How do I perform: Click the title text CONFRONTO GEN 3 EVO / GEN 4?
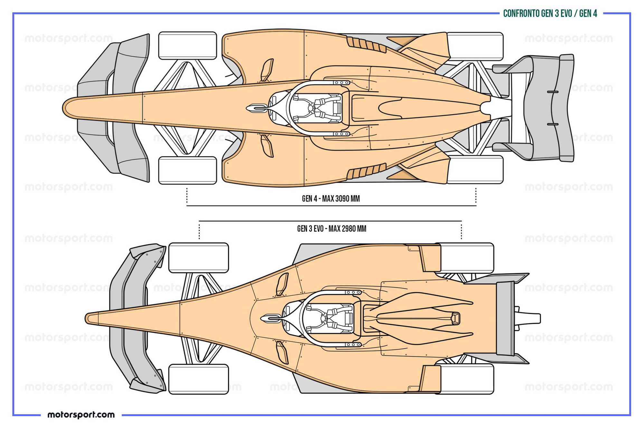click(x=550, y=14)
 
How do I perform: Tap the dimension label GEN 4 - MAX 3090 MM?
click(x=331, y=199)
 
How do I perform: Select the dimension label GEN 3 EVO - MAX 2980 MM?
click(x=332, y=229)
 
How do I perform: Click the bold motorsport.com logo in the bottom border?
click(x=81, y=415)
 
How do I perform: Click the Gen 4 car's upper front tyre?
click(x=187, y=45)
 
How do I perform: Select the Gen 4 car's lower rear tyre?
click(x=475, y=170)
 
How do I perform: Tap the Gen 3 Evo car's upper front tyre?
click(x=199, y=257)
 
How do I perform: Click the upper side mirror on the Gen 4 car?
click(x=267, y=69)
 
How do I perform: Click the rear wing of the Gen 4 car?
click(x=547, y=108)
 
